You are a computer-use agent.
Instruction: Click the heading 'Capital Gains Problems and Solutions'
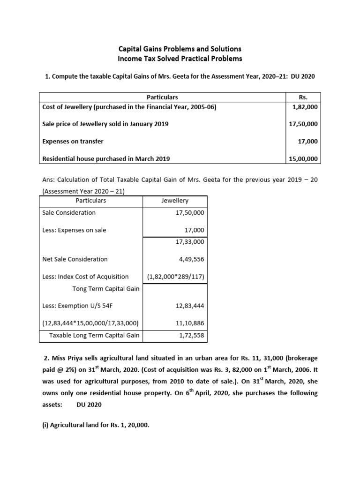pos(180,49)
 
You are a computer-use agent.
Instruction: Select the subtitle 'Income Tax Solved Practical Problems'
pos(180,59)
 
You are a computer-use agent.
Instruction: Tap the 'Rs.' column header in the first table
pos(303,97)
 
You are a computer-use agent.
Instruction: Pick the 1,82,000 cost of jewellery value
pos(305,106)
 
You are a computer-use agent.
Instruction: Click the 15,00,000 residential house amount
pos(303,159)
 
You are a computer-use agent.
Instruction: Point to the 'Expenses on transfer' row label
pos(73,141)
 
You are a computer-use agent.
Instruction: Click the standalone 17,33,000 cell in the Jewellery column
pos(189,241)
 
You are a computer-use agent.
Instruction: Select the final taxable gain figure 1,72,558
pos(191,336)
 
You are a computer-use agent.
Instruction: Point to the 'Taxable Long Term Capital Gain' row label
pos(94,336)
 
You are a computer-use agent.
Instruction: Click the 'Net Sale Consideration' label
pos(75,259)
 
